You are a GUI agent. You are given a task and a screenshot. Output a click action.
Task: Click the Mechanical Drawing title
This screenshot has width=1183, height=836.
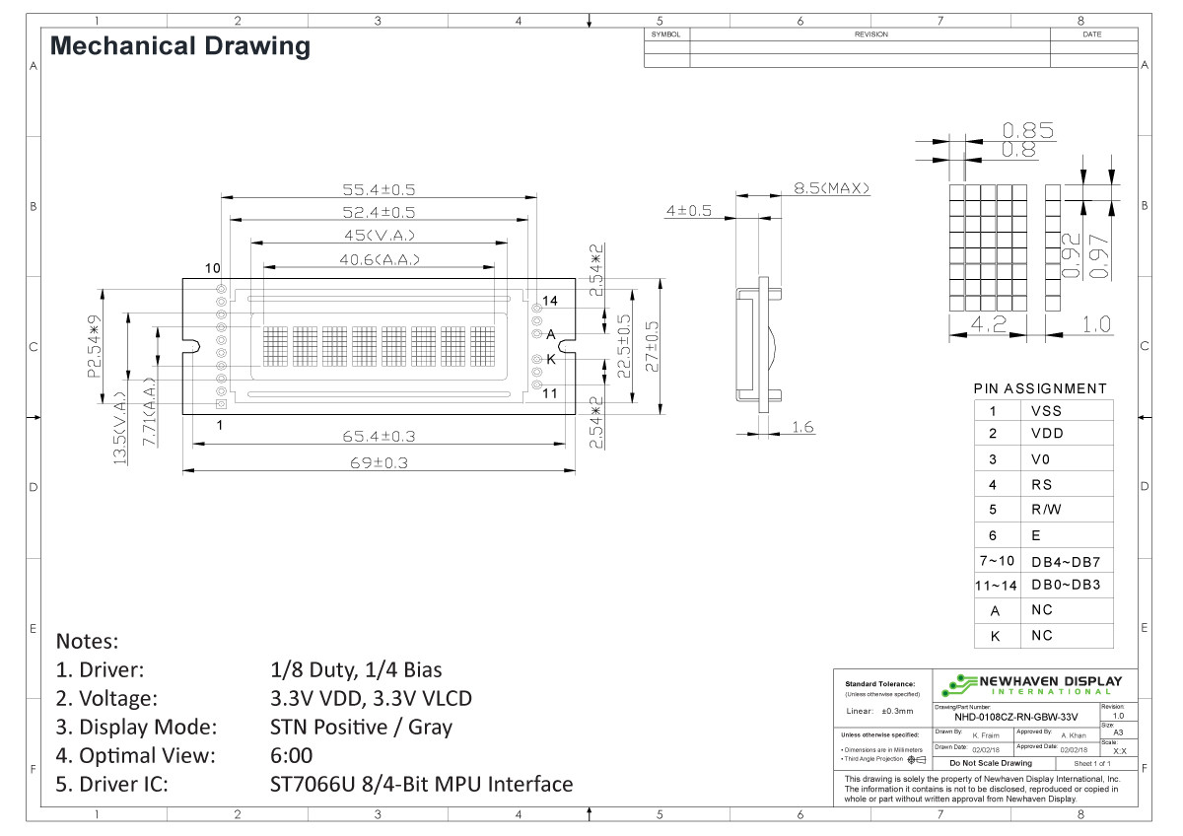179,45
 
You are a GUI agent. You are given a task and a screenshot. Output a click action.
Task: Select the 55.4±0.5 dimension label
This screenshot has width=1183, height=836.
379,189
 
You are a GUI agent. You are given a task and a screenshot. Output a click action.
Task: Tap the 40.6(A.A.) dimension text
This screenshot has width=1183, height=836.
380,259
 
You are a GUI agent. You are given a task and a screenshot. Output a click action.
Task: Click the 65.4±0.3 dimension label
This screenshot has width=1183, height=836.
379,436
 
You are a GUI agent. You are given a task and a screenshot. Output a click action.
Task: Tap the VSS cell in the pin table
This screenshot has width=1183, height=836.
1046,411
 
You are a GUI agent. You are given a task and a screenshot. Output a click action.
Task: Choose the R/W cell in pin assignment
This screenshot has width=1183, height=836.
1046,510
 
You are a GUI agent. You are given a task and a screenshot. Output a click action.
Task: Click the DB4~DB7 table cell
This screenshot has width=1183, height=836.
1065,561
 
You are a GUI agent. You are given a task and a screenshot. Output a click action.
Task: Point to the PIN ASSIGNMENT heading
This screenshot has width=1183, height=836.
1040,388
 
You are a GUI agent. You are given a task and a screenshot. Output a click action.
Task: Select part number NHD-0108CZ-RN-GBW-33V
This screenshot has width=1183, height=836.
1015,717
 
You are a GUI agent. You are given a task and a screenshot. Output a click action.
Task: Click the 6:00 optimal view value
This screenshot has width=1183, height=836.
291,756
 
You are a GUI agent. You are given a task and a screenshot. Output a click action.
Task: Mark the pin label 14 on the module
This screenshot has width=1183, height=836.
550,300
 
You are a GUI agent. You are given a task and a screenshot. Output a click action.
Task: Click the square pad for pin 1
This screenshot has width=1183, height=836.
221,403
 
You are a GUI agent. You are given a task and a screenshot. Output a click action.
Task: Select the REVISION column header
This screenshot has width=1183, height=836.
870,35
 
